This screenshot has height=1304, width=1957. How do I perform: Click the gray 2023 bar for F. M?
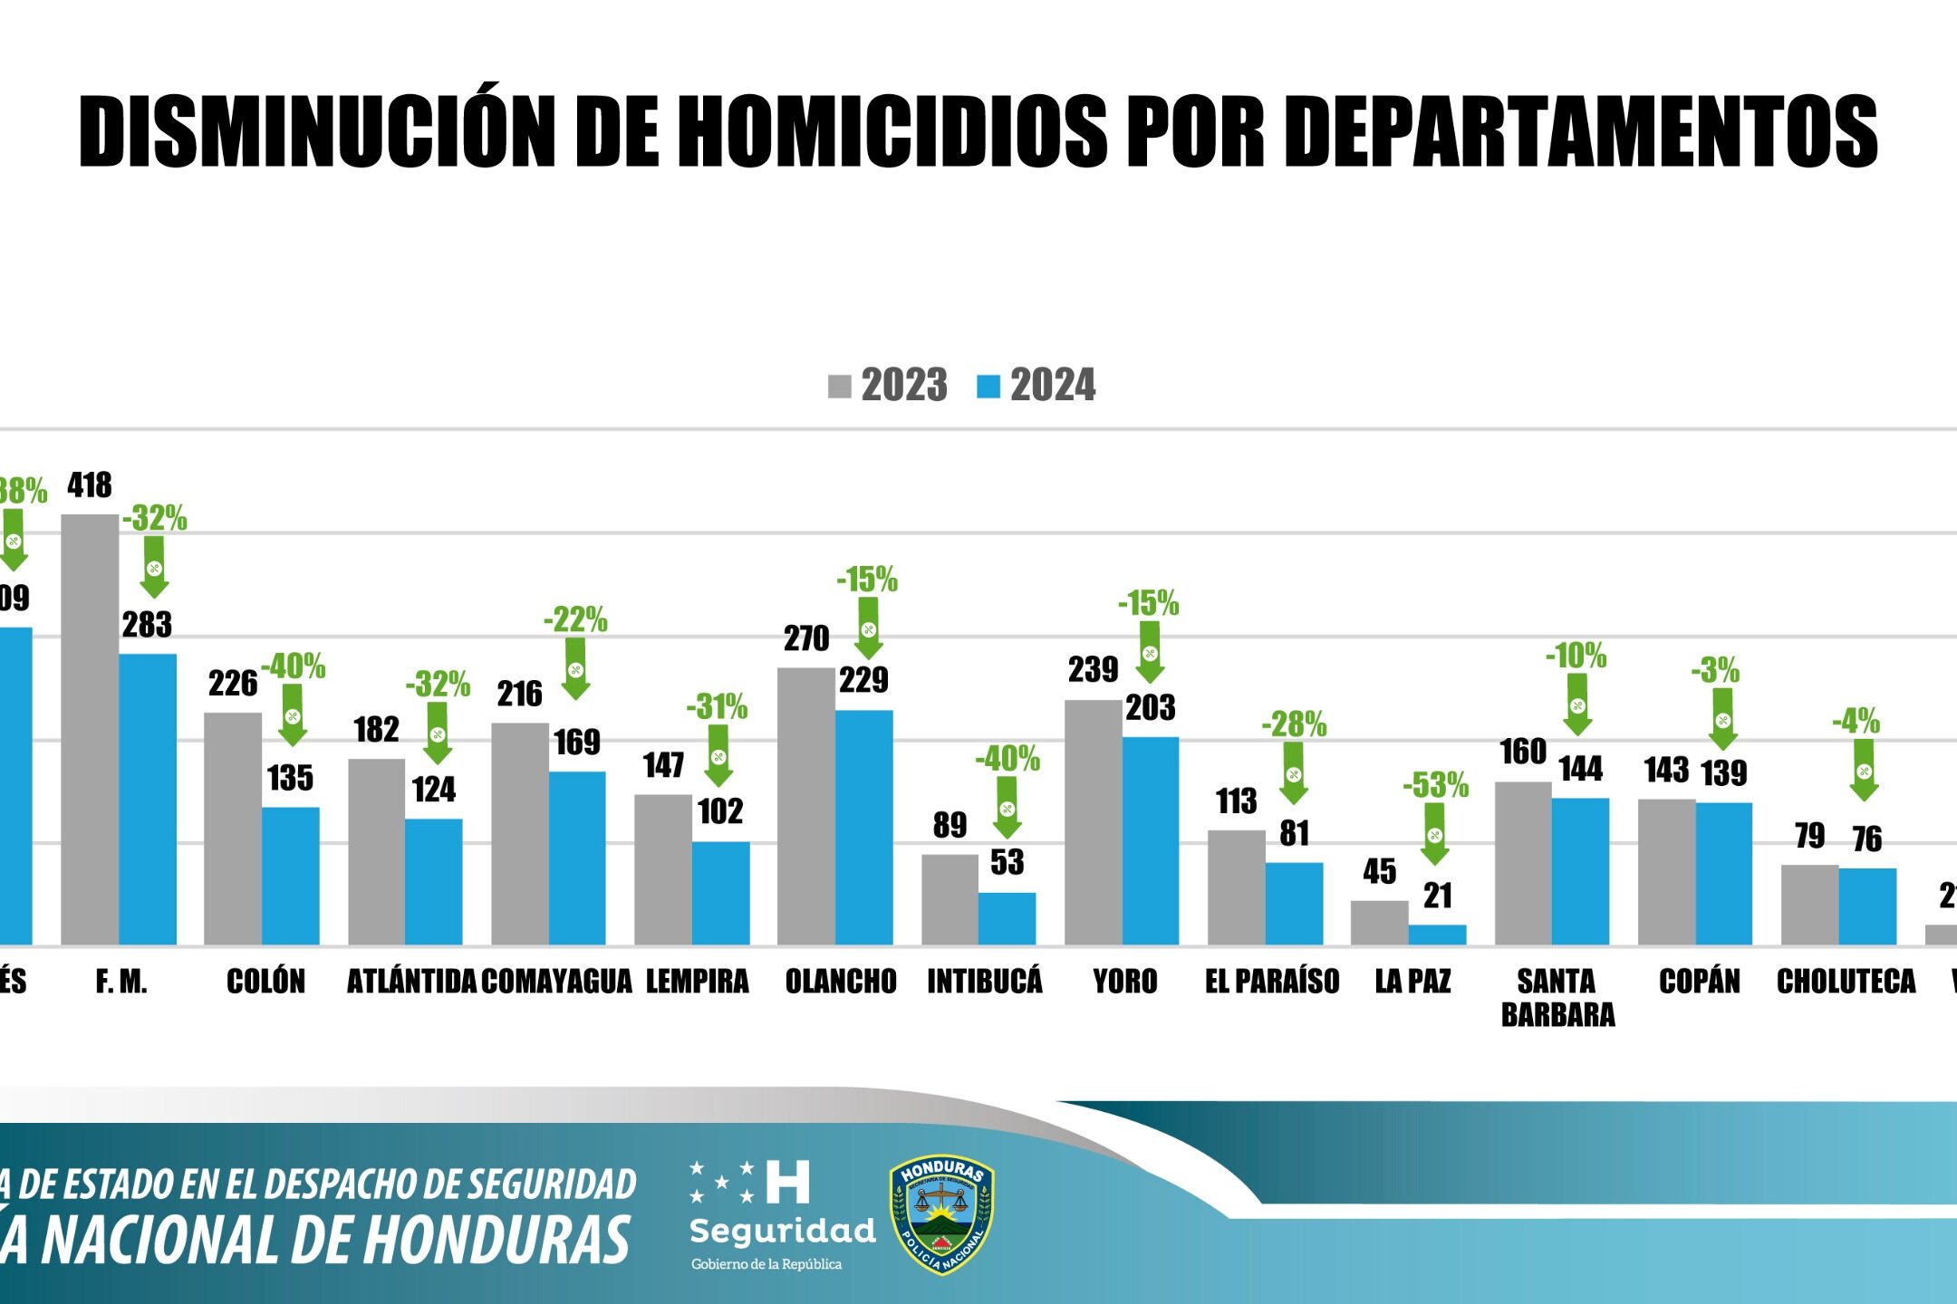point(90,729)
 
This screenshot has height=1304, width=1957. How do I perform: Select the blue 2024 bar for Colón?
point(291,876)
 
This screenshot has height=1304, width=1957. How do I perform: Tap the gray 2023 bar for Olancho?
point(805,806)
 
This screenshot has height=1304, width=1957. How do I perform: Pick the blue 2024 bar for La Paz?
point(1437,935)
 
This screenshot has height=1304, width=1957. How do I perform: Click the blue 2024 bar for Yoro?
point(1151,840)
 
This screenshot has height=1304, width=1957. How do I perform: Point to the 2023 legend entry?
point(888,386)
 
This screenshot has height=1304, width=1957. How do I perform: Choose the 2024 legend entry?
point(1036,386)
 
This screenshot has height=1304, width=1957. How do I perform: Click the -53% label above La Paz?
point(1435,785)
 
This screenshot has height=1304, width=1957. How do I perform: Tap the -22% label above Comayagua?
point(575,620)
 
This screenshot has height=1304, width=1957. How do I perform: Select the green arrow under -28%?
point(1294,772)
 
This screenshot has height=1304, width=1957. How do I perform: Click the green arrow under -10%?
point(1577,704)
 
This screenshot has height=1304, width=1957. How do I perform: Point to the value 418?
point(90,485)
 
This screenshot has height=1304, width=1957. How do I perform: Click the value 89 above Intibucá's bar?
point(950,825)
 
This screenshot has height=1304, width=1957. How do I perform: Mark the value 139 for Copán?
point(1723,773)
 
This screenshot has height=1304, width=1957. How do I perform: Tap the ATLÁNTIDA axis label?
point(411,981)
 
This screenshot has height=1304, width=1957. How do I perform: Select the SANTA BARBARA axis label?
point(1557,997)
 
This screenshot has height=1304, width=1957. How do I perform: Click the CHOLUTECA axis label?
point(1846,981)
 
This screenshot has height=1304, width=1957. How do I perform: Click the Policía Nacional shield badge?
point(942,1213)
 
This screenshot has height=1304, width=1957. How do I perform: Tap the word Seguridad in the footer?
point(783,1230)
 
